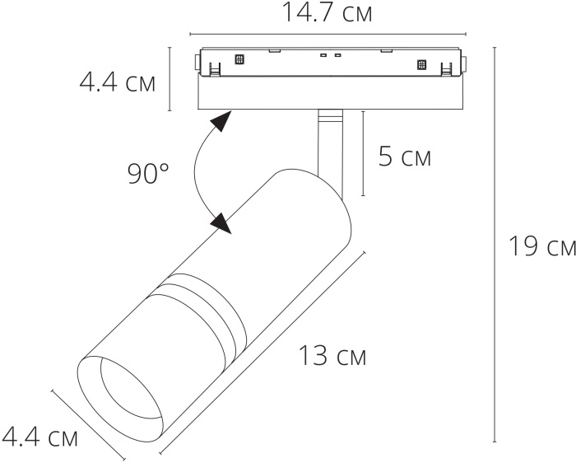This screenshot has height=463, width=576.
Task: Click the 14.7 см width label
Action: [x=327, y=12]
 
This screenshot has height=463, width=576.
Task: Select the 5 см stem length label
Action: [x=404, y=156]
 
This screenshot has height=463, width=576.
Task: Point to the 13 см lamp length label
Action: [x=332, y=356]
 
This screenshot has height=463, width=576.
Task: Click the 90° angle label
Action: [x=148, y=173]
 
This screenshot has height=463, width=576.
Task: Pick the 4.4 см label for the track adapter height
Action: [x=117, y=83]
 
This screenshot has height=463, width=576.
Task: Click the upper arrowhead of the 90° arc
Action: [x=220, y=124]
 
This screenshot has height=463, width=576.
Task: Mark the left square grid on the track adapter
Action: [x=240, y=59]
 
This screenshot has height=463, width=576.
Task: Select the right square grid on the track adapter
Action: [x=421, y=64]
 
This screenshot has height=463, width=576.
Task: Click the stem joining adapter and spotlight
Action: [x=327, y=144]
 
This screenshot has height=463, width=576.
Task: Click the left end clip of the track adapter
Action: [x=197, y=64]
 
